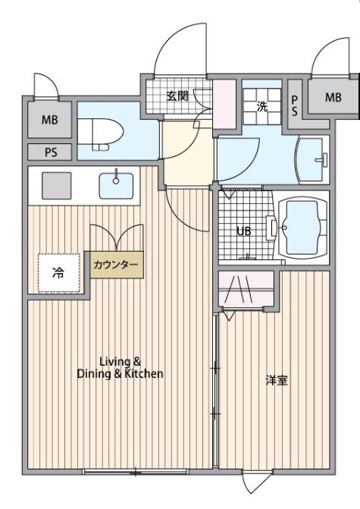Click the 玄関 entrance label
177,96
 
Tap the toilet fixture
102,135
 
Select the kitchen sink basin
116,184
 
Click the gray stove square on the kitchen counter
56,185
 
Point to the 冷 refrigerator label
58,273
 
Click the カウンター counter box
116,265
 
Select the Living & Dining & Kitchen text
121,368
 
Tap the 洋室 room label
276,380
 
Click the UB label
243,231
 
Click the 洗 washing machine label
262,106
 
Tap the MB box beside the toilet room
49,120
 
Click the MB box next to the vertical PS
333,97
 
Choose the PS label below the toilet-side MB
50,152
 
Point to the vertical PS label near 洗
295,104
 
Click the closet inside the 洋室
246,289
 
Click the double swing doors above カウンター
114,236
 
